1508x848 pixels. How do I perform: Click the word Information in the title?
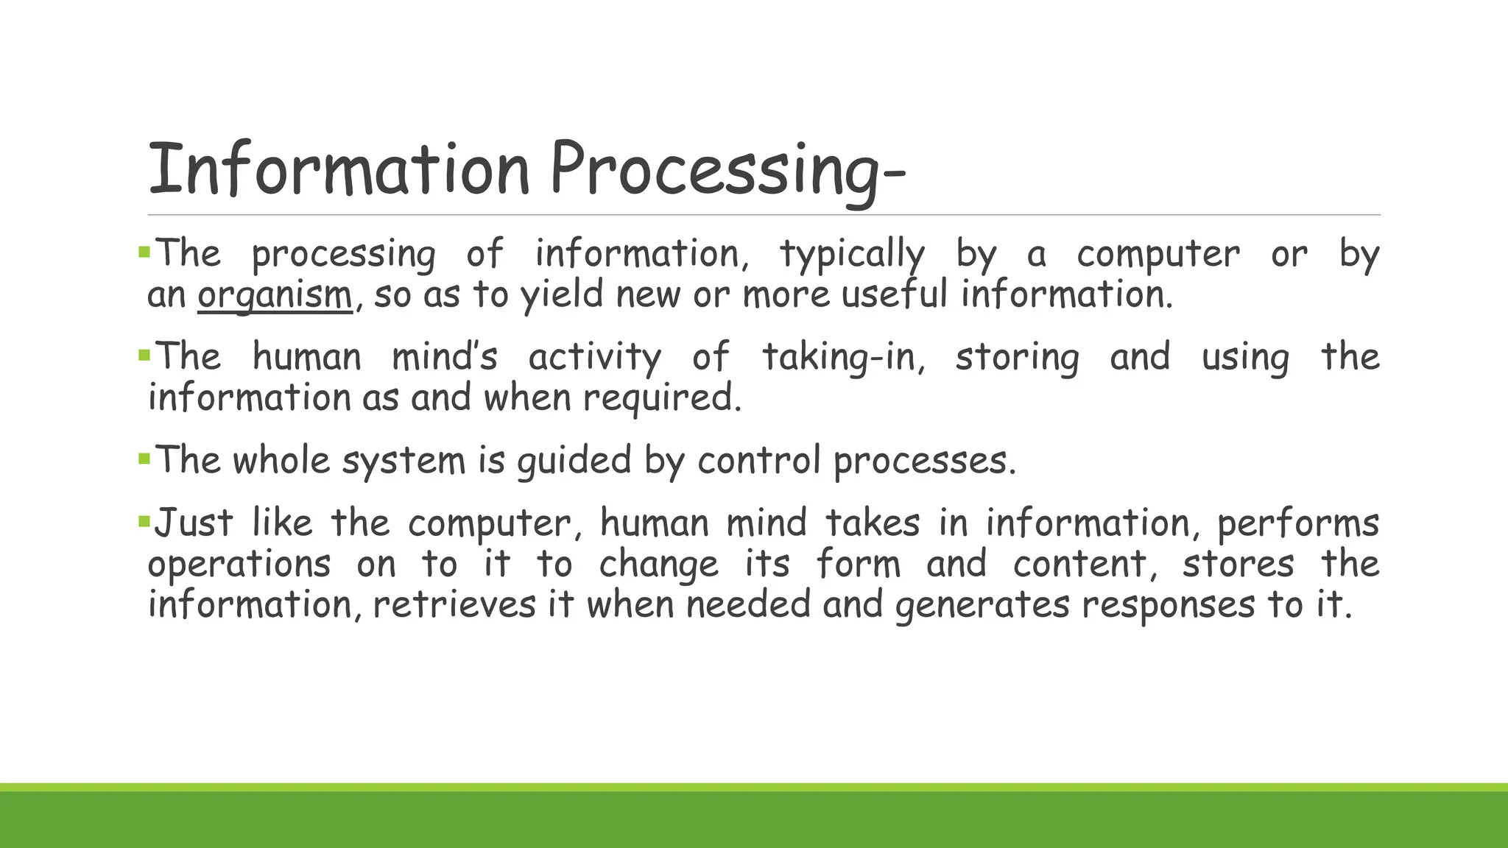tap(339, 170)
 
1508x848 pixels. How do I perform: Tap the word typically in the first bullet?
tap(852, 255)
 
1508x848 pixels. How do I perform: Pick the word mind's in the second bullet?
tap(445, 357)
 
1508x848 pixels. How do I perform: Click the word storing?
tap(1017, 358)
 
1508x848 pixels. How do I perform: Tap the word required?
tap(662, 398)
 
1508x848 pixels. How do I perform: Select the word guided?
tap(574, 461)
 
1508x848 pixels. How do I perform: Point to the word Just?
tap(193, 523)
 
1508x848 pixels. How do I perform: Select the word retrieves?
tap(454, 605)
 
